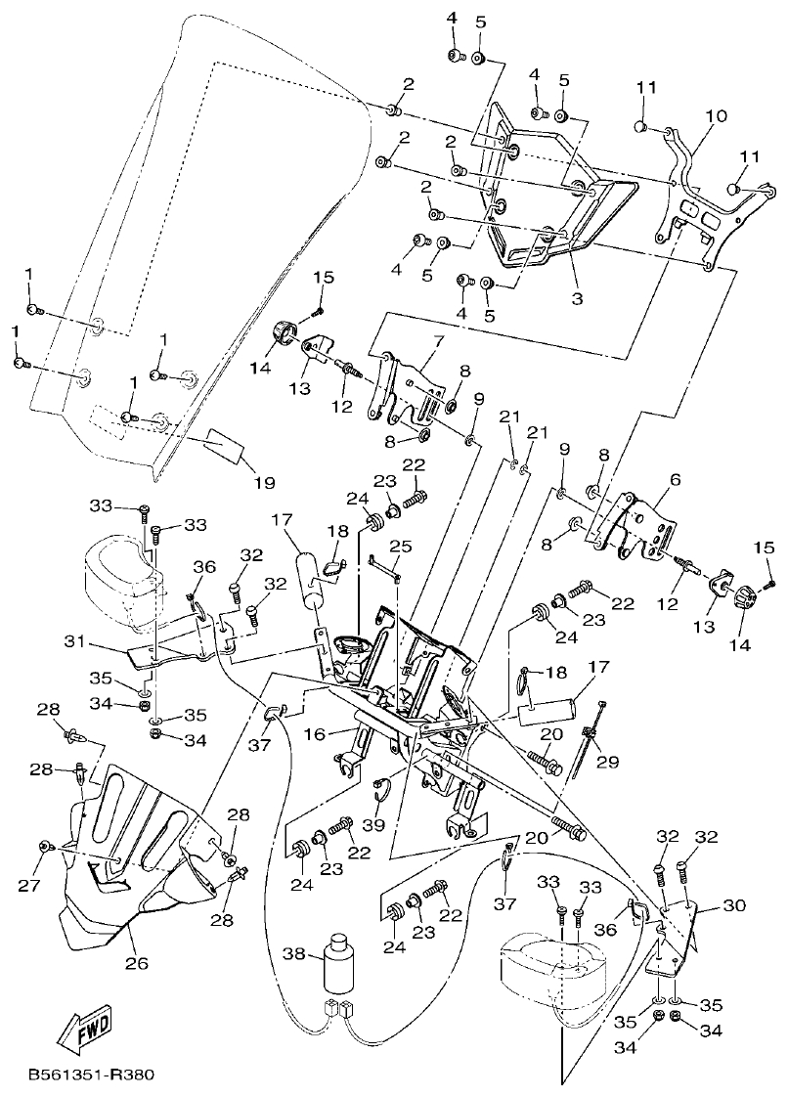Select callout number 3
pyautogui.click(x=577, y=298)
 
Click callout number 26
pyautogui.click(x=136, y=963)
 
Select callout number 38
pyautogui.click(x=294, y=952)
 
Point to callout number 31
pyautogui.click(x=75, y=642)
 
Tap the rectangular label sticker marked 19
pyautogui.click(x=224, y=446)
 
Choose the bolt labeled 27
pyautogui.click(x=44, y=844)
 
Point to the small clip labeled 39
pyautogui.click(x=384, y=785)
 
